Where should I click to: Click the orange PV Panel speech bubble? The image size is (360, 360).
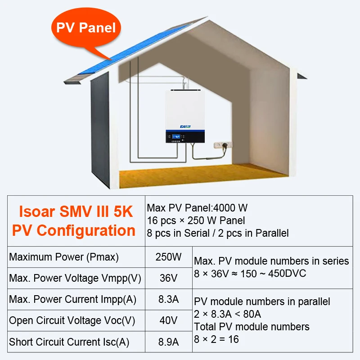click(x=85, y=28)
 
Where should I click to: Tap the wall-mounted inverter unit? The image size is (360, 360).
click(x=184, y=116)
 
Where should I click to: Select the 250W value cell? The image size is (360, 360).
click(x=168, y=257)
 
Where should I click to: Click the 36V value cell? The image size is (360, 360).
click(x=168, y=278)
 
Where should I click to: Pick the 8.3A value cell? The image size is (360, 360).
click(x=168, y=299)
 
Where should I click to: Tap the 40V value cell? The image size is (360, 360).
click(x=168, y=320)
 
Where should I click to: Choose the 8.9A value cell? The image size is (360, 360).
click(x=168, y=342)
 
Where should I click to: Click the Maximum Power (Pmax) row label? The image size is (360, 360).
click(x=64, y=257)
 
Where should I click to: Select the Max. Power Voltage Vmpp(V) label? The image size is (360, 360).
click(x=75, y=278)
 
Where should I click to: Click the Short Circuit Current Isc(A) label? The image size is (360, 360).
click(x=69, y=342)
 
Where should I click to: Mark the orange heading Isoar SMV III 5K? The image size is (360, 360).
click(x=76, y=211)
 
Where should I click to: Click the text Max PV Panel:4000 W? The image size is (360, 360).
click(x=197, y=208)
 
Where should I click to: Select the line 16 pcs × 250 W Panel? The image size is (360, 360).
click(x=196, y=220)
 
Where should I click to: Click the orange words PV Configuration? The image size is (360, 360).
click(x=74, y=230)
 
